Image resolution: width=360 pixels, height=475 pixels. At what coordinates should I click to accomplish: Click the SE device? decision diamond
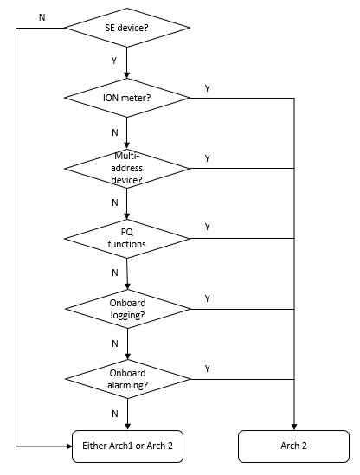(x=127, y=28)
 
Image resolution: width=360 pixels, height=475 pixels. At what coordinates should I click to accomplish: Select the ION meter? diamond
(x=127, y=98)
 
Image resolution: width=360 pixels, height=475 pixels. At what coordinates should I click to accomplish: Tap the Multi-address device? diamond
(x=127, y=168)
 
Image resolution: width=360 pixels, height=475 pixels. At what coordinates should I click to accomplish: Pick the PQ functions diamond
(x=127, y=239)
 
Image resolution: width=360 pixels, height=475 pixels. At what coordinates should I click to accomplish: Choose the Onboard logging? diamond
(x=127, y=309)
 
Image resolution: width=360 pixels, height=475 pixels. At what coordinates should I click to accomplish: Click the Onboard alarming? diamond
(x=127, y=379)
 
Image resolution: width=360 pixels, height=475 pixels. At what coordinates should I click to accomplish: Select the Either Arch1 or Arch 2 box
(x=127, y=446)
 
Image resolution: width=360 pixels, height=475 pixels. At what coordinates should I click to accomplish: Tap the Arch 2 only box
(x=293, y=446)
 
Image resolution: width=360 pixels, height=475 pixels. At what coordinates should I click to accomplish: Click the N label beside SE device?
(x=42, y=17)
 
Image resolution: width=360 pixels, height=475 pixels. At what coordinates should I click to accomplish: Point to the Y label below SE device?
(x=114, y=61)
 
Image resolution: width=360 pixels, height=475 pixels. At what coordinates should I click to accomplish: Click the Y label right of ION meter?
(x=208, y=88)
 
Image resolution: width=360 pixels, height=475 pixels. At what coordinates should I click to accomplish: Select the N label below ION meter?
(x=115, y=132)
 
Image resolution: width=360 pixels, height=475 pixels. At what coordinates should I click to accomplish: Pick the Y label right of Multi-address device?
(x=208, y=158)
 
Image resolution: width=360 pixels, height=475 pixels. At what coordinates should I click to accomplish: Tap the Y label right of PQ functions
(x=208, y=227)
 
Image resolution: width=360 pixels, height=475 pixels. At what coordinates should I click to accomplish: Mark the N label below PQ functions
(x=115, y=273)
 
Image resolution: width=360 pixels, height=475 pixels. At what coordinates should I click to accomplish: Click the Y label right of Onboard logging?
(x=208, y=298)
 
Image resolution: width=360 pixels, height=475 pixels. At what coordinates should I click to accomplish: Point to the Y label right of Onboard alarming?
(x=208, y=369)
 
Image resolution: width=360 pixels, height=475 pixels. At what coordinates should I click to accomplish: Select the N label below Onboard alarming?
(x=115, y=414)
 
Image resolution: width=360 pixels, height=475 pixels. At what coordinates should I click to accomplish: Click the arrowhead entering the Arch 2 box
(x=294, y=427)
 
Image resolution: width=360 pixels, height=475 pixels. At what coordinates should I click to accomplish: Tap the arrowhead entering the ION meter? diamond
(x=127, y=75)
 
